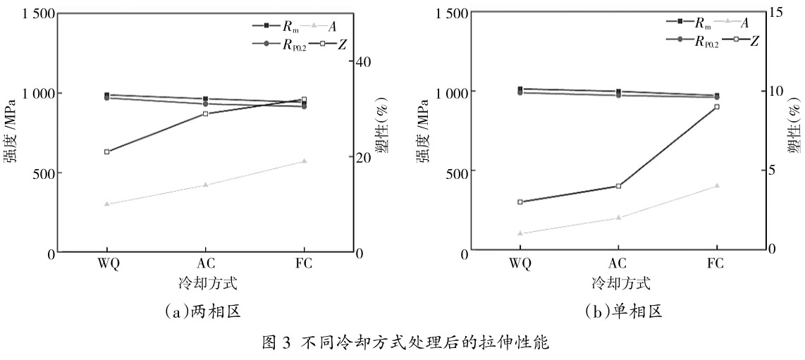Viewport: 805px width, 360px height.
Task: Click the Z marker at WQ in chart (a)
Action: (106, 151)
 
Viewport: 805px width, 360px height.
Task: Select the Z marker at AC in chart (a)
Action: (205, 113)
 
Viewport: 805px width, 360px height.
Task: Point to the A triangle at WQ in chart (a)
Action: (106, 204)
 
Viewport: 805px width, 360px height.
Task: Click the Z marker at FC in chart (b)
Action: (717, 106)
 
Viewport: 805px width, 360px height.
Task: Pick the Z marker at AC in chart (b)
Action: (618, 186)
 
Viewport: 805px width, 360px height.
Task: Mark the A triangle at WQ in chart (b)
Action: (520, 232)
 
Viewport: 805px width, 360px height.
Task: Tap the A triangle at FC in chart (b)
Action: (717, 186)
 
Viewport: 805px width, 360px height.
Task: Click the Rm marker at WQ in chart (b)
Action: (520, 89)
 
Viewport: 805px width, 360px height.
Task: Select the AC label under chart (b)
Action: (618, 264)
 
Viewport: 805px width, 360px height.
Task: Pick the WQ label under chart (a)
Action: (106, 264)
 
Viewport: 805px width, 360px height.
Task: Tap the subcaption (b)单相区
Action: (619, 311)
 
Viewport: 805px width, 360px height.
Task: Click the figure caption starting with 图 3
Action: (402, 345)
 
